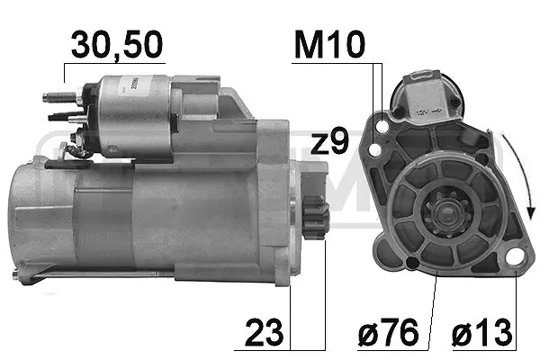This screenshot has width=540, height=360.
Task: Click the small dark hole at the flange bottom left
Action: tap(412, 264)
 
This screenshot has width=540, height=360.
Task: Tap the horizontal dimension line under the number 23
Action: tap(306, 347)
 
